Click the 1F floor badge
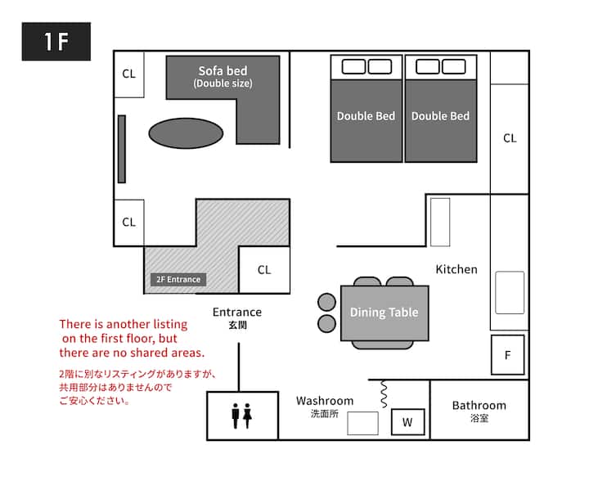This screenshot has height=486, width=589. click(56, 41)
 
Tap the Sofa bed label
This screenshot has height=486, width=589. click(223, 70)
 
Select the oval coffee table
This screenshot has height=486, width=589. click(186, 133)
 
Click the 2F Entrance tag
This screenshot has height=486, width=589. click(178, 280)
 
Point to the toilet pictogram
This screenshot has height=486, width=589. click(242, 416)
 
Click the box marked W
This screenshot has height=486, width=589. click(408, 422)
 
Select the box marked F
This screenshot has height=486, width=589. click(507, 355)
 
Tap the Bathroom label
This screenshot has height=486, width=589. click(479, 405)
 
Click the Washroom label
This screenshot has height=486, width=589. click(325, 401)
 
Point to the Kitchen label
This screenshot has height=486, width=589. click(456, 269)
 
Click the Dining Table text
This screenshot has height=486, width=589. click(384, 312)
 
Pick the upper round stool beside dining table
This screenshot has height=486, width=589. click(326, 302)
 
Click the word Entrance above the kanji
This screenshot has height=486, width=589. click(237, 312)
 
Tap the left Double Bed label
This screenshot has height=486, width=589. click(366, 116)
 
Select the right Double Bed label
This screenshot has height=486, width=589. click(440, 116)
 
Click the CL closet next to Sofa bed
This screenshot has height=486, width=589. click(129, 74)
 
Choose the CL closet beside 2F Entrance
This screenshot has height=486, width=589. click(264, 270)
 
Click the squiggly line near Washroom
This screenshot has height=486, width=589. click(384, 394)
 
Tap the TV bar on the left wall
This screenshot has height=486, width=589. click(122, 149)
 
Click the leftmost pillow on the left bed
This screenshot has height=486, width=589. click(353, 67)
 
